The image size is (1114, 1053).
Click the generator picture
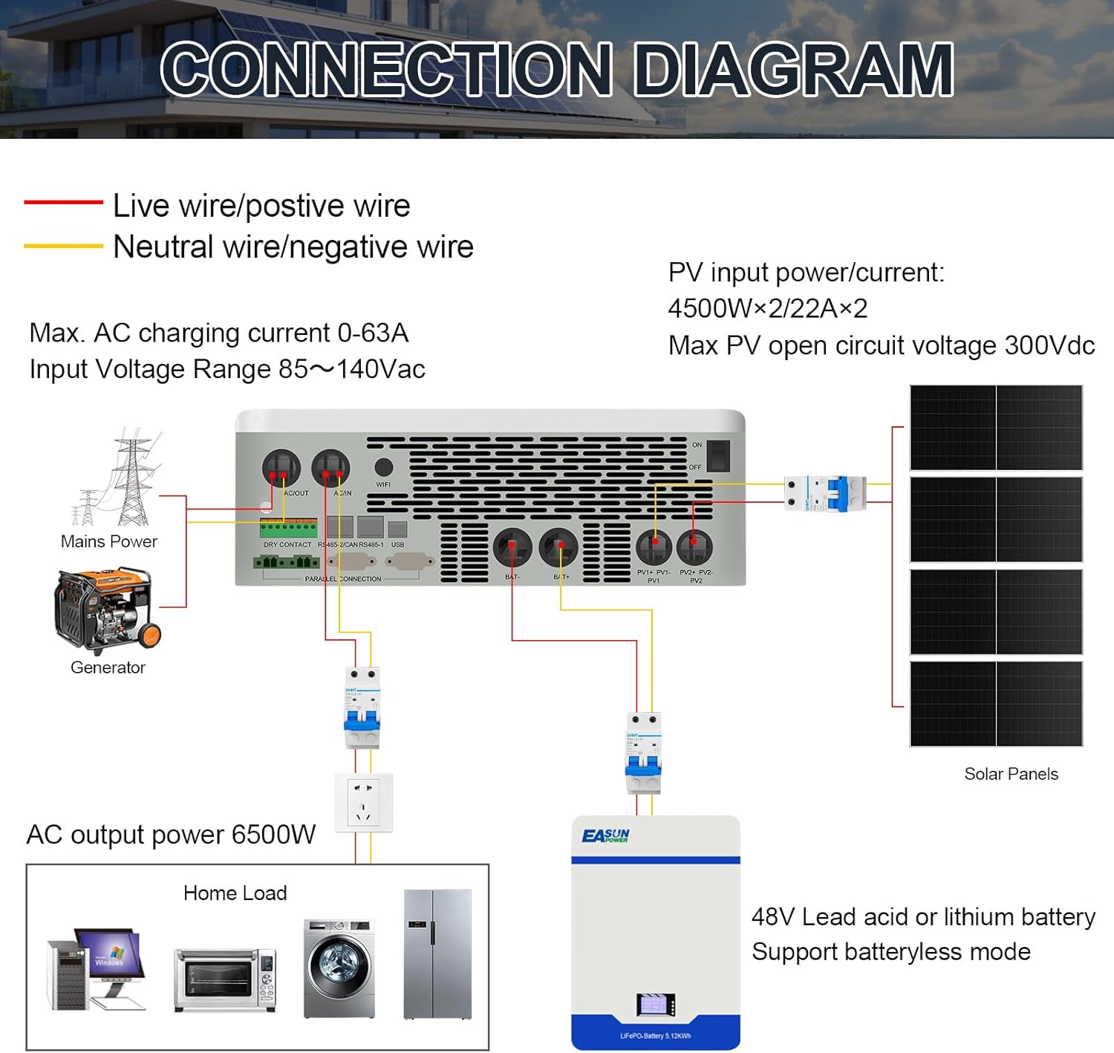107,610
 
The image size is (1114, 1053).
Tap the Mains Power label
109,541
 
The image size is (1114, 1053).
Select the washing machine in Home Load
339,968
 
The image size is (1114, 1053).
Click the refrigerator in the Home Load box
437,954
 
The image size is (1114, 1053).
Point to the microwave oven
225,979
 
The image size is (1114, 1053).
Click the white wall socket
363,802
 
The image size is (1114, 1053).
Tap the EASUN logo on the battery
605,837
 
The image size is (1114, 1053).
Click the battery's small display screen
656,1005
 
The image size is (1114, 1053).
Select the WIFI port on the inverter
383,468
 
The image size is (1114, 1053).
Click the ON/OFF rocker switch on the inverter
717,456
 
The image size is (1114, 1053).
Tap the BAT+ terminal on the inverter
558,548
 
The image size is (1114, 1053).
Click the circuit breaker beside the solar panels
825,493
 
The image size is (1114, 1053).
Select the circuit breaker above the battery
643,753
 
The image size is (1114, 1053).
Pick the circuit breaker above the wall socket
362,708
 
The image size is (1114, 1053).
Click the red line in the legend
63,202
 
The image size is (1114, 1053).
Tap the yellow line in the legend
63,246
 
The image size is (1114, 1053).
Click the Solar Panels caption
1011,774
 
